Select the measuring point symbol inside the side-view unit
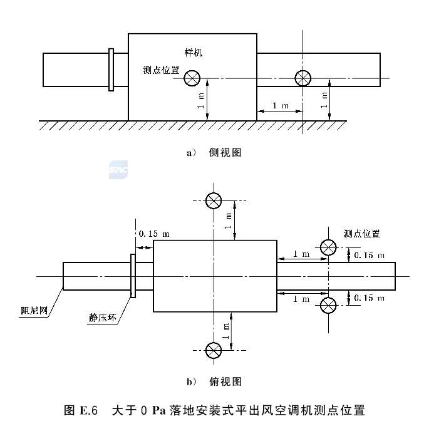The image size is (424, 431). (192, 78)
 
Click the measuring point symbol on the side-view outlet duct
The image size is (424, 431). (303, 78)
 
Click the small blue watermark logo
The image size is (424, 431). (118, 170)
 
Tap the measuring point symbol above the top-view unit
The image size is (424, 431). (214, 200)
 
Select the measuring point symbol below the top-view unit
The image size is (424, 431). (214, 350)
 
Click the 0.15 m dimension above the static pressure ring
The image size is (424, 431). (154, 234)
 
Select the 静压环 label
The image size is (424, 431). (103, 318)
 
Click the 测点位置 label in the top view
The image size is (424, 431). (361, 234)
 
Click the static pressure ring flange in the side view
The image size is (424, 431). (111, 70)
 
